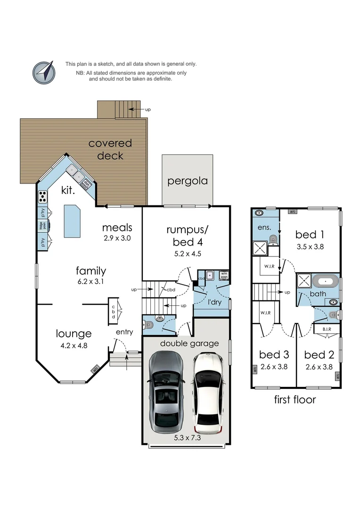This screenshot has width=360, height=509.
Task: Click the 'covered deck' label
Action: [x=110, y=149]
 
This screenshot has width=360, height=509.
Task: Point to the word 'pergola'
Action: [x=187, y=181]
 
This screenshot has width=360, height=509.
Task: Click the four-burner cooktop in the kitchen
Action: [x=42, y=196]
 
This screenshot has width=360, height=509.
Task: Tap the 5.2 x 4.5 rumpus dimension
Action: [x=187, y=253]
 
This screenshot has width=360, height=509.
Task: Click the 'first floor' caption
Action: [x=295, y=400]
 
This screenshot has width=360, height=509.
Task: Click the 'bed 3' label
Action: [x=273, y=355]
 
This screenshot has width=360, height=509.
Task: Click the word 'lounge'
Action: [x=74, y=334]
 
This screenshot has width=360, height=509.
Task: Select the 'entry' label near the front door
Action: [x=124, y=332]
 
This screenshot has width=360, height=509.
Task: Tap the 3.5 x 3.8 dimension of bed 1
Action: [x=310, y=246]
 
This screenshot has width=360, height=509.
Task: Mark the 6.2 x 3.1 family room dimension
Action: [x=90, y=281]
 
